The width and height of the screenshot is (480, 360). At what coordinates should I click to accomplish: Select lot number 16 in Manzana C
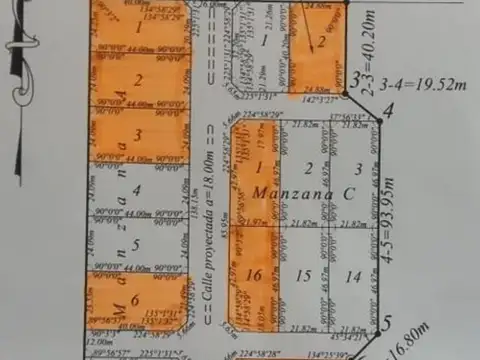pos(255,274)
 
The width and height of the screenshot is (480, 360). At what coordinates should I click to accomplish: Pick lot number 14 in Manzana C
pos(353,274)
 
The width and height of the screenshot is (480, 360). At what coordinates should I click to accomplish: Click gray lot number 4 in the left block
pos(136,186)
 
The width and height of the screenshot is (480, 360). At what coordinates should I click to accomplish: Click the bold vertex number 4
pos(375,111)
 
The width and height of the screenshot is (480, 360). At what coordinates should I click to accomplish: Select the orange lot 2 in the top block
pos(322,41)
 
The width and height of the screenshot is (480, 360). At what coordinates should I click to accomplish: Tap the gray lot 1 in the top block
pos(265,41)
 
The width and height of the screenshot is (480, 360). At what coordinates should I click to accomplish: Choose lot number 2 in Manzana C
pos(309,167)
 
